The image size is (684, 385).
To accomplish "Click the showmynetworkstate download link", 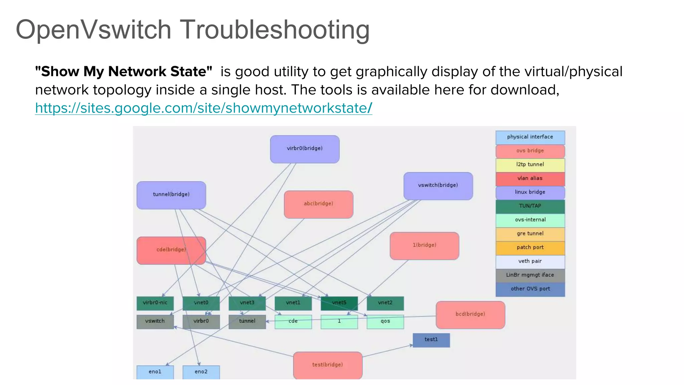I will [x=203, y=108].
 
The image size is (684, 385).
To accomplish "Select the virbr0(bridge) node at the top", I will [x=305, y=149].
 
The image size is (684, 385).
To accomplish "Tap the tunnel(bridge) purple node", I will [x=171, y=195].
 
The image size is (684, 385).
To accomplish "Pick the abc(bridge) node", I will [x=318, y=204].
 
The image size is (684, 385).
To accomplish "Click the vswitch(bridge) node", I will [x=438, y=186].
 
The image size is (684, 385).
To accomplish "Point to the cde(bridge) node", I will [x=171, y=250].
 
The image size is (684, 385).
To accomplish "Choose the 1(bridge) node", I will [x=424, y=246].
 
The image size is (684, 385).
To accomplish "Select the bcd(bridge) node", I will [x=470, y=314].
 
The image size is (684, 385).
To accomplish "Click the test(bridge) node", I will [x=327, y=365].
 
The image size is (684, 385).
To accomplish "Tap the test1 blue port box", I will [x=431, y=340].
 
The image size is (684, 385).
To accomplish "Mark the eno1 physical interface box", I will [x=155, y=372].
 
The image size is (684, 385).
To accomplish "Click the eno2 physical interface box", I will [x=201, y=372].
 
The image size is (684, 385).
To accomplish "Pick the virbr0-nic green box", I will [x=155, y=303].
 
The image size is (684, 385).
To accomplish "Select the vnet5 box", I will [x=339, y=303].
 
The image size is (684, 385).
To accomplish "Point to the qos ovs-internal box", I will [x=385, y=322].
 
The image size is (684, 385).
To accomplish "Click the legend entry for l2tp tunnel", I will [x=530, y=165].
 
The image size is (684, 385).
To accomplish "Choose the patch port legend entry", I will [x=530, y=248].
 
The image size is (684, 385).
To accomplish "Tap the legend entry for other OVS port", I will [x=530, y=289].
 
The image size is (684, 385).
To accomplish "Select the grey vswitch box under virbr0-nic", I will [x=155, y=322].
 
